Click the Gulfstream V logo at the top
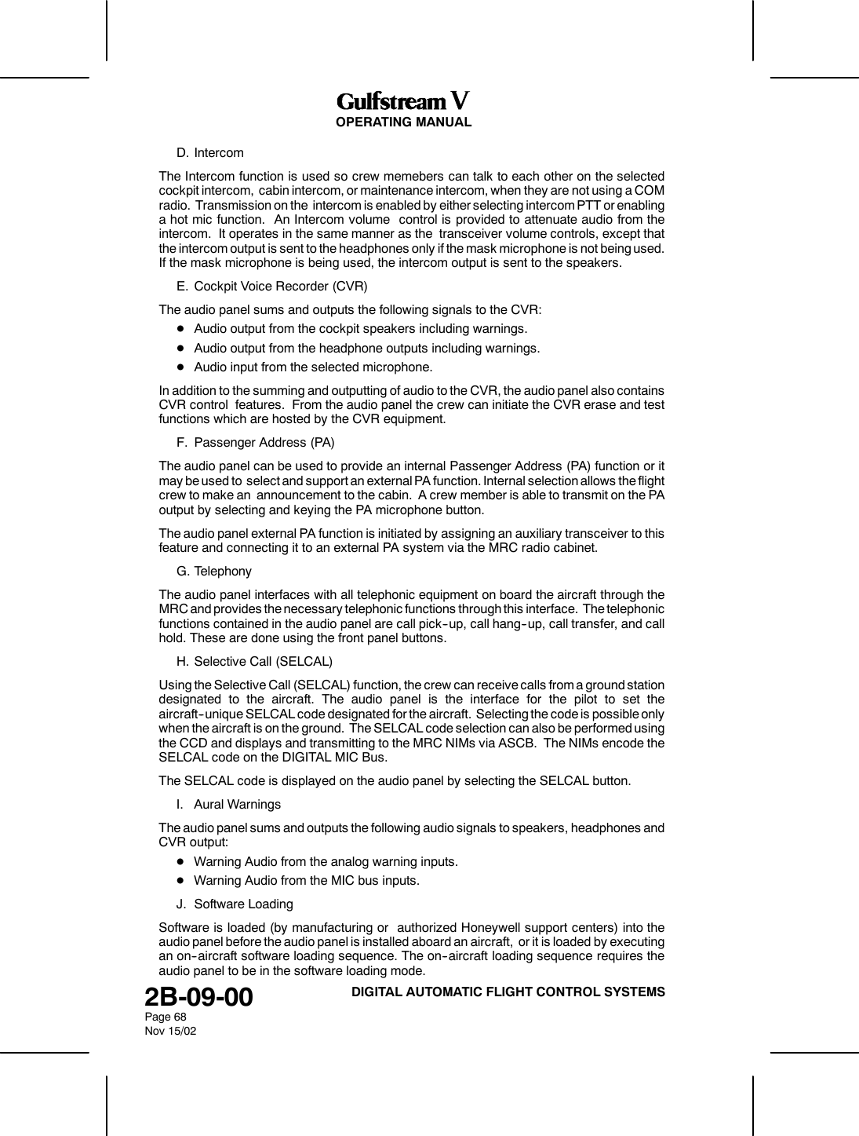point(403,102)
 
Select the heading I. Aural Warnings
point(228,805)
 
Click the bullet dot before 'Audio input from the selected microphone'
point(180,367)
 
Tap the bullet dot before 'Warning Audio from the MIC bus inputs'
point(180,881)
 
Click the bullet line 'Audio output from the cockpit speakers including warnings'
point(360,328)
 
